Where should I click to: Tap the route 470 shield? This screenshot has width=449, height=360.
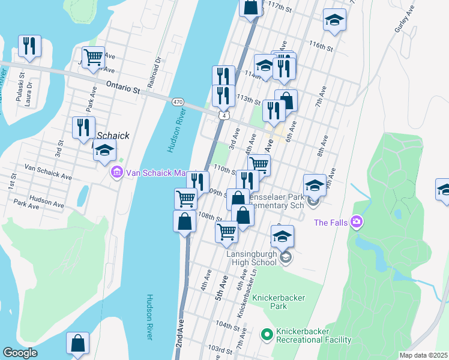(178, 103)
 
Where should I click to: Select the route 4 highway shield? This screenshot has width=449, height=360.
(223, 115)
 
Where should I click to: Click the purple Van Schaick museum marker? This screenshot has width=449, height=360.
(116, 173)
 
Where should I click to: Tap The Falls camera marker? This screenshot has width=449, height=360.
(357, 223)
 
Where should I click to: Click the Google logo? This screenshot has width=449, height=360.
(20, 353)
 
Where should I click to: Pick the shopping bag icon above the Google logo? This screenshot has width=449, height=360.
(77, 343)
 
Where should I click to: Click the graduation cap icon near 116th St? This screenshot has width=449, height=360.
(334, 20)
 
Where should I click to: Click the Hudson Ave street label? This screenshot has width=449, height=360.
(47, 202)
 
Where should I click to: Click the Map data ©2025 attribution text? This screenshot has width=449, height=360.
(423, 355)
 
